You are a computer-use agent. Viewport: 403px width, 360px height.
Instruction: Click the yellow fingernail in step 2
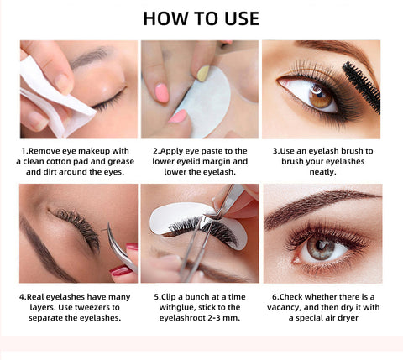pos(203,73)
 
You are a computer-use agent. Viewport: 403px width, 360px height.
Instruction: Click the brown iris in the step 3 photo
pos(321,97)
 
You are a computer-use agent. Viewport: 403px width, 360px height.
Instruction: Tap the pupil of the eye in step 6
pos(319,246)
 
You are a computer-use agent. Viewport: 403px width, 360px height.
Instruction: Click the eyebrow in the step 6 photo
pos(322,206)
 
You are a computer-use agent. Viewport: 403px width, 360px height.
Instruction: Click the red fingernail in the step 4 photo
pos(120,270)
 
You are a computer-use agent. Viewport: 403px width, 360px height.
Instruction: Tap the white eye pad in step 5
pos(196,224)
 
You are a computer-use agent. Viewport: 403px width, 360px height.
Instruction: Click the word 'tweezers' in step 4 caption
pos(89,307)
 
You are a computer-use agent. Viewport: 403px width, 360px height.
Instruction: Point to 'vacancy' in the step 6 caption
pos(284,307)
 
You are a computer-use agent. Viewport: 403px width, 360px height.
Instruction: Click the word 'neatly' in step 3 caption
pos(322,172)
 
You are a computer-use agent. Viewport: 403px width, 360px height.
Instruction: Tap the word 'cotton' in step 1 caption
pos(59,161)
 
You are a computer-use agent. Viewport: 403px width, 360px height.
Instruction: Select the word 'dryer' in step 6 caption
pos(348,318)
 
